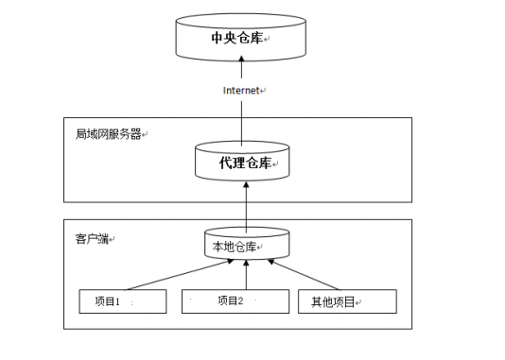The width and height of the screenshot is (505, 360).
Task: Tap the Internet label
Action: point(241,90)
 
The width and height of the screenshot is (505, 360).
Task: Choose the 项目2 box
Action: point(235,301)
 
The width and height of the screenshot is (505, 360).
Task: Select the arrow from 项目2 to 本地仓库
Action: point(246,277)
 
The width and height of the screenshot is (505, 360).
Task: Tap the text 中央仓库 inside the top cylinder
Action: point(236,39)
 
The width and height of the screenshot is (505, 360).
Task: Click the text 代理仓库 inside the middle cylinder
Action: point(243,163)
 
